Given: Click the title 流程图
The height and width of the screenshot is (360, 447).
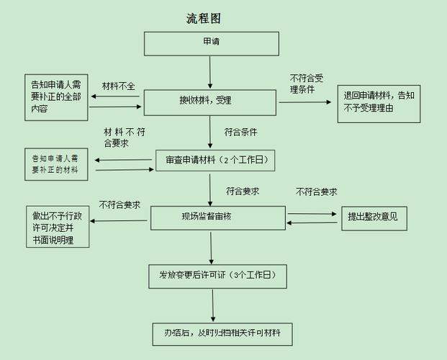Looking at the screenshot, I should [202, 19].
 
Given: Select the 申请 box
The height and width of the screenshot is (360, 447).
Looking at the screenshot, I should [212, 43].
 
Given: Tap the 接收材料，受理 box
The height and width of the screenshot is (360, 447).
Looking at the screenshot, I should [210, 102].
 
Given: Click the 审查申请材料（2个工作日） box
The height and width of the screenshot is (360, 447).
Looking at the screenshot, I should [215, 160].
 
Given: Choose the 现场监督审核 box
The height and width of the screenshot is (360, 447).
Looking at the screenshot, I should [218, 217].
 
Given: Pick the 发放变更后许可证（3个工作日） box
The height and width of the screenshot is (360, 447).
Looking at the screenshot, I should [217, 276].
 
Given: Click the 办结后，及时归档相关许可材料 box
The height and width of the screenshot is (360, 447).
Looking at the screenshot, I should [222, 334].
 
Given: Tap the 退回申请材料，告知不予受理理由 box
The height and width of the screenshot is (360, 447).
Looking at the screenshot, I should [378, 102].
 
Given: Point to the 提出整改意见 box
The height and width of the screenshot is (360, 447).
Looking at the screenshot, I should [374, 217].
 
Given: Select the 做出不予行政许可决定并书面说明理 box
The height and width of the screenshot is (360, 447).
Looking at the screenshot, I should [58, 227].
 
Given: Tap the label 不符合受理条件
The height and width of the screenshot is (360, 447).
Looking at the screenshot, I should [307, 84].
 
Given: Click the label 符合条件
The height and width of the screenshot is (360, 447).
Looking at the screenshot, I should [240, 132].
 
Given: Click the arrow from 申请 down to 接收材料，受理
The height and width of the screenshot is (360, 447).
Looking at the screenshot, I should [210, 72].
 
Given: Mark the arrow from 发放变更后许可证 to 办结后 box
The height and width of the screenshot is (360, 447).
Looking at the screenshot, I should [213, 305].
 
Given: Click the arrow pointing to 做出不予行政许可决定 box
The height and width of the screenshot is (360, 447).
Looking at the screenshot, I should [119, 220].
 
